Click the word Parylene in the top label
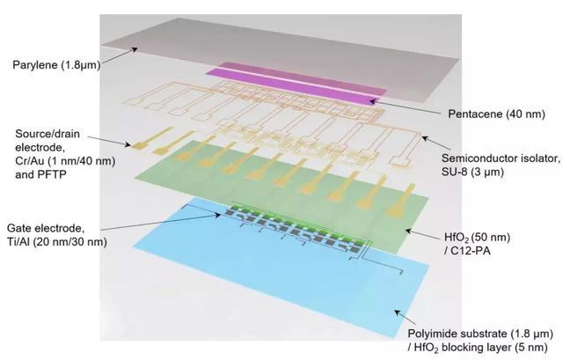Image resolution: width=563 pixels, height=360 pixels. point(35,65)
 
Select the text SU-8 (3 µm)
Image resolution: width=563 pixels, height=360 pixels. point(472,172)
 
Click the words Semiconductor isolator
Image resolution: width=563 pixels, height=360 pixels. point(501,158)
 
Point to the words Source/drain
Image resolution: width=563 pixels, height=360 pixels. point(48,134)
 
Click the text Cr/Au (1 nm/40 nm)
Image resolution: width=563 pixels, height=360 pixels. point(65,161)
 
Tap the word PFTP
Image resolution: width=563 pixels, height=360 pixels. point(53,174)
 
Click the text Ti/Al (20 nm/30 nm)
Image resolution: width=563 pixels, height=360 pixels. point(56,242)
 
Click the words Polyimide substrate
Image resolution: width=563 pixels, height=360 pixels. point(461,334)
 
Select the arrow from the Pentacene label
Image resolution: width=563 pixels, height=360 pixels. point(405,107)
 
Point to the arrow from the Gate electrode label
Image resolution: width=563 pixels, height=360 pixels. point(160,222)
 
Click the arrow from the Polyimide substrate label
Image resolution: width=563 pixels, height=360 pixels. point(405,318)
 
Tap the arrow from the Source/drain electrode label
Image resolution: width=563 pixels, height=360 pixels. point(109,141)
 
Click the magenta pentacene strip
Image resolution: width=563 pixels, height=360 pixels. point(296,84)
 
